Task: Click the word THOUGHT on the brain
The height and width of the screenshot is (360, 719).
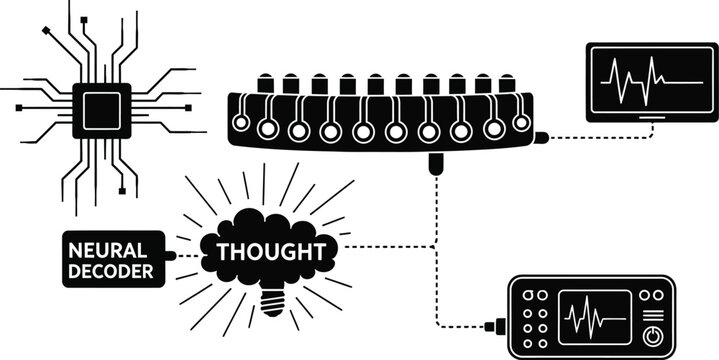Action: pyautogui.click(x=270, y=248)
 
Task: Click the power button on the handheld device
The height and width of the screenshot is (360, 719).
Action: pyautogui.click(x=654, y=334)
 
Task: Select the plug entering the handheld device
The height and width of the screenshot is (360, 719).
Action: pyautogui.click(x=494, y=325)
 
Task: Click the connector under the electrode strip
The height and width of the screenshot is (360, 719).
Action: pyautogui.click(x=436, y=163)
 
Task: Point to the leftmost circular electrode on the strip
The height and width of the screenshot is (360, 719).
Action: pyautogui.click(x=240, y=122)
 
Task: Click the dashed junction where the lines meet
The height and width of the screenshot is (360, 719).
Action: pyautogui.click(x=436, y=246)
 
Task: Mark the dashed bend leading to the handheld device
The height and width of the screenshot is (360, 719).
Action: pyautogui.click(x=438, y=323)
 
